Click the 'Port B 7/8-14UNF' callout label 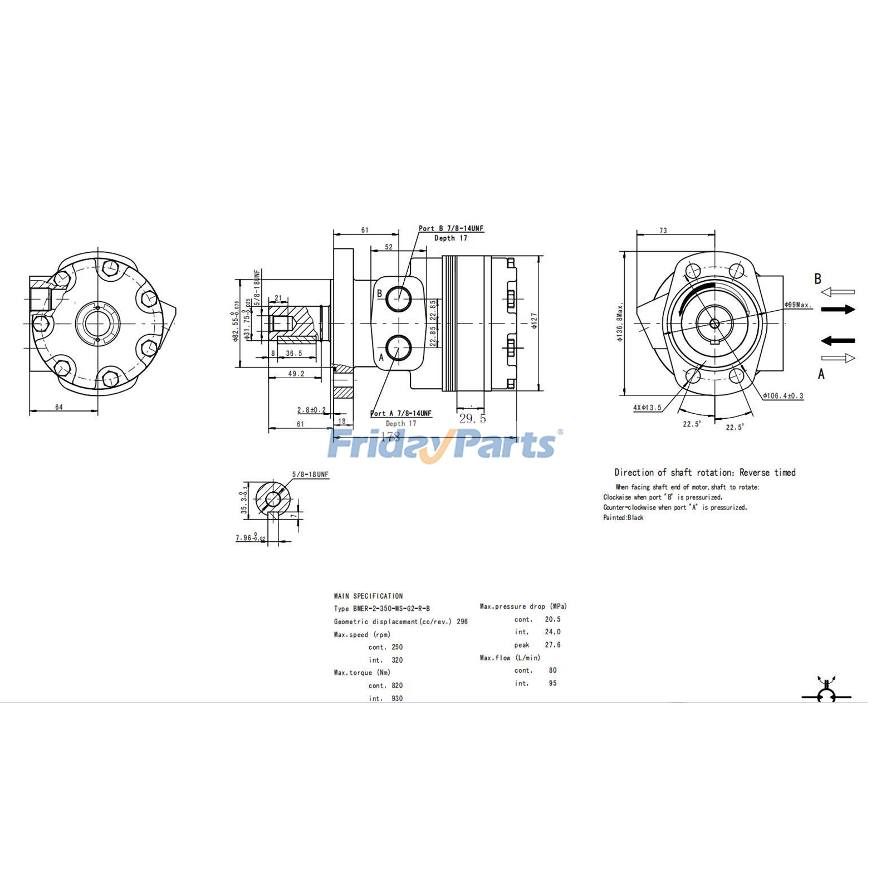click(x=451, y=228)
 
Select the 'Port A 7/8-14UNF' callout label click(x=400, y=413)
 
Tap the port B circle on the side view click(x=399, y=299)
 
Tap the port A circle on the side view click(x=399, y=348)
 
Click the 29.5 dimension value click(x=472, y=419)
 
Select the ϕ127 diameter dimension click(x=534, y=321)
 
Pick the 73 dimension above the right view click(x=663, y=231)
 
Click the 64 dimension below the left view click(x=59, y=407)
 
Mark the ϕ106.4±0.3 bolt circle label click(x=783, y=396)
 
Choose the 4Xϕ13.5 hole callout click(x=647, y=408)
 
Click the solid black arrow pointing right click(x=838, y=309)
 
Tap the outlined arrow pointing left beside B click(x=838, y=292)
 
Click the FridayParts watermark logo click(x=443, y=444)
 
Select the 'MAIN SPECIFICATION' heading click(x=368, y=596)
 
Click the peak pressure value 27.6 click(x=552, y=645)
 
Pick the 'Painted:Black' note click(x=623, y=518)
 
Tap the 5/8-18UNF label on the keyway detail click(x=310, y=474)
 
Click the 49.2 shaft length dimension click(x=296, y=374)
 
